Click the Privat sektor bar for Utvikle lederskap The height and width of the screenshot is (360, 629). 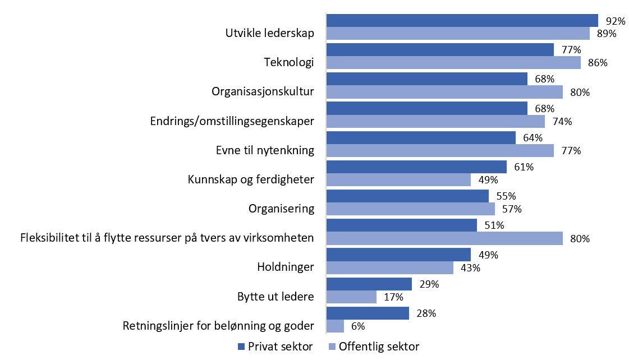[x=462, y=21]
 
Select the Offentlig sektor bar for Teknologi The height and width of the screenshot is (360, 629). [x=453, y=63]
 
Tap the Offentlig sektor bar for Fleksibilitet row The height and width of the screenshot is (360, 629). [x=444, y=238]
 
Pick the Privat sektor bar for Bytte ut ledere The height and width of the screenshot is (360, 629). [x=369, y=284]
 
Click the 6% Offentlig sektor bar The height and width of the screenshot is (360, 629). [x=335, y=326]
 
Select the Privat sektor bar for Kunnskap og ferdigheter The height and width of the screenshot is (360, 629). [x=416, y=167]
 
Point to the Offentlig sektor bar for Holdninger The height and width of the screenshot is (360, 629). [x=389, y=267]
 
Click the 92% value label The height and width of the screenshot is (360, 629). [x=615, y=21]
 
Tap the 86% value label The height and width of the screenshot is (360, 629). [x=597, y=63]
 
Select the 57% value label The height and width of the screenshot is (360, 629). [x=511, y=209]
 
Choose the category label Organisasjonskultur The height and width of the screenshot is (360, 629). [x=263, y=91]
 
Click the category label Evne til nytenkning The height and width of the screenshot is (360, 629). [x=265, y=150]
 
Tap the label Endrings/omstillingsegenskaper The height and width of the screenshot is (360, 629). [x=232, y=121]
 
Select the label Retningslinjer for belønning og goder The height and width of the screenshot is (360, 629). [x=218, y=326]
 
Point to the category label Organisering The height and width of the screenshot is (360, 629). [x=281, y=209]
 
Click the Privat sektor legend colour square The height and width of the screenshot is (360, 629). [x=242, y=347]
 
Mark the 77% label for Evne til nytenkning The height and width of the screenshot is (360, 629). [x=570, y=151]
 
